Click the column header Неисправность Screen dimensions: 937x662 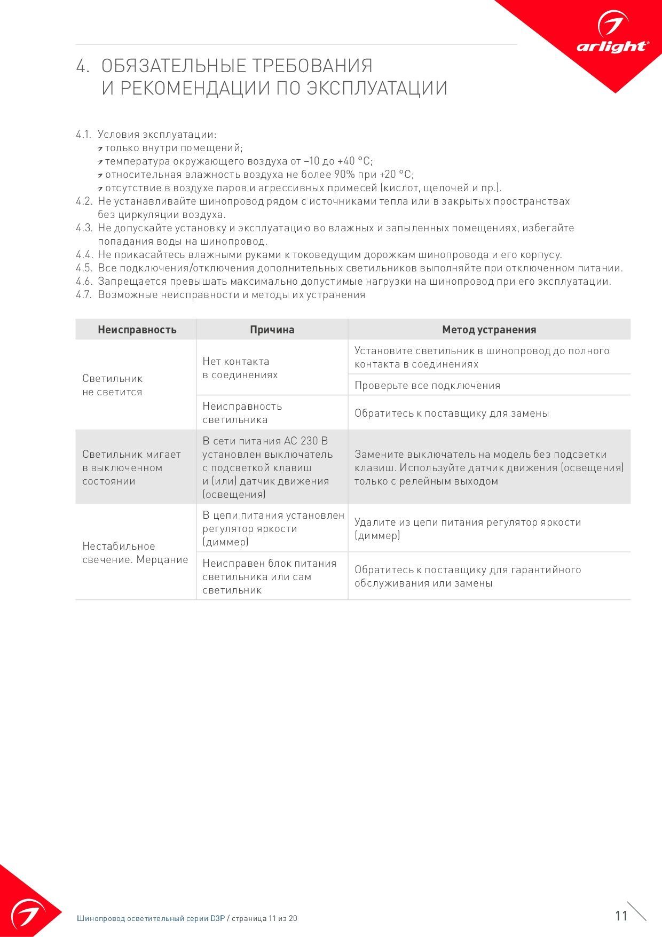(x=137, y=330)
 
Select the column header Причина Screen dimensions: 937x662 (x=272, y=330)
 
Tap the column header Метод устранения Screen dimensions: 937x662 (x=488, y=330)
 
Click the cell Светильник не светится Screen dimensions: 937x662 (x=113, y=385)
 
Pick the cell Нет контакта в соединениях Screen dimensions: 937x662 (x=240, y=368)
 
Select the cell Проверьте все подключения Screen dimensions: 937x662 (x=427, y=385)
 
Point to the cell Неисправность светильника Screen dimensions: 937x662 (x=242, y=413)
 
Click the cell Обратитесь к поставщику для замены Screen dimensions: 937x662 (x=451, y=413)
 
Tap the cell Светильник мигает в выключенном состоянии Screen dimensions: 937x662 (x=131, y=467)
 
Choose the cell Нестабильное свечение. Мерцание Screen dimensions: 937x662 (x=135, y=553)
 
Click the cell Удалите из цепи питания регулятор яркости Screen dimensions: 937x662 (x=467, y=528)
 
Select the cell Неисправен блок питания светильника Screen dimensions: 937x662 (x=269, y=576)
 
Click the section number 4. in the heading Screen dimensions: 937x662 (x=82, y=66)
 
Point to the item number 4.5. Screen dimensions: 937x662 (x=84, y=268)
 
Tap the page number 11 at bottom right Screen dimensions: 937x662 (x=621, y=916)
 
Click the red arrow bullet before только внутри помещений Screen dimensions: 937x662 (x=100, y=149)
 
